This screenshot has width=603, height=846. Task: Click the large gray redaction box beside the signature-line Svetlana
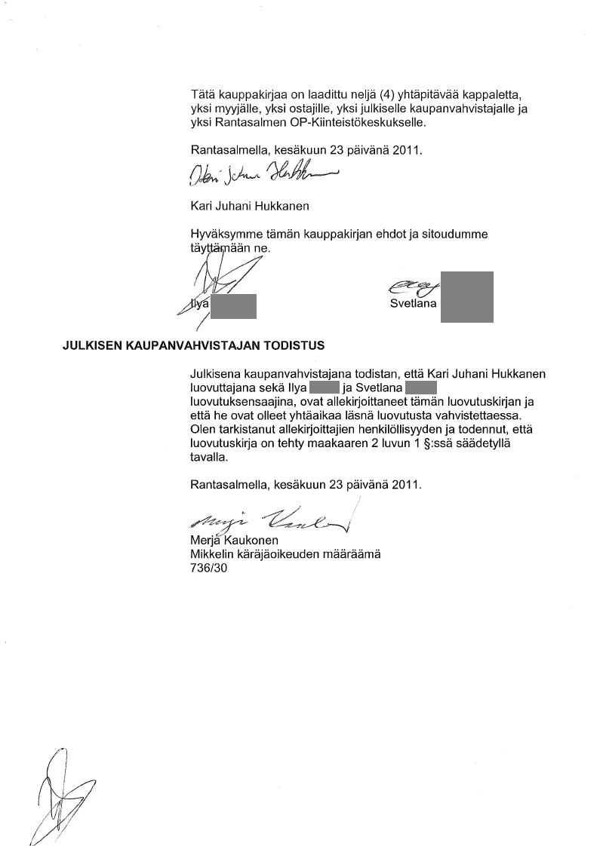pos(466,296)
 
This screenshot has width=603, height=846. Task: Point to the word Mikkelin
pos(214,555)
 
